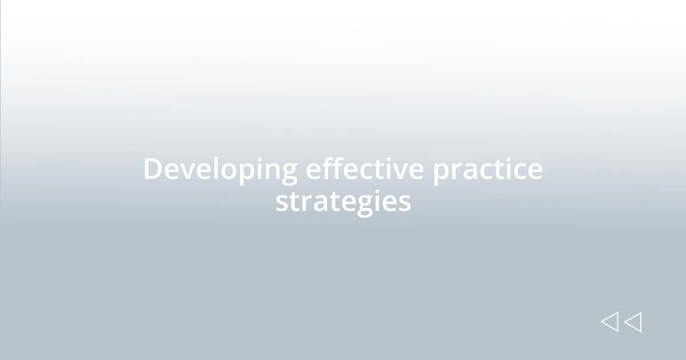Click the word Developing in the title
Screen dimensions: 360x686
click(x=220, y=170)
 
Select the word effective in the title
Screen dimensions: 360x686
click(x=365, y=169)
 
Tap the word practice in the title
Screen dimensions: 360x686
click(x=487, y=170)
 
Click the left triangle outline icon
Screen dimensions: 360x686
click(x=610, y=322)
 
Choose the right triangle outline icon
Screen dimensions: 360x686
click(x=633, y=322)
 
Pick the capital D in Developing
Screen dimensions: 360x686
click(x=152, y=169)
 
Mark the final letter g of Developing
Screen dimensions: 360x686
click(x=289, y=174)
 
